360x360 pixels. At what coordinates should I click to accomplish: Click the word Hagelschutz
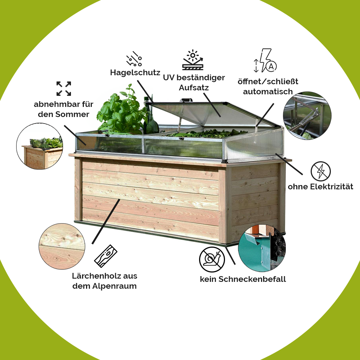135,73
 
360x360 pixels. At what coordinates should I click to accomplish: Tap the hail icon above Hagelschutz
134,59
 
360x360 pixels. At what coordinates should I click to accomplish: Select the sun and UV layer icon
193,60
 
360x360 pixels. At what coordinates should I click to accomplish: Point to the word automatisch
268,91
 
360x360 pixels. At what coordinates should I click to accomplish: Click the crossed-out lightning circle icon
320,171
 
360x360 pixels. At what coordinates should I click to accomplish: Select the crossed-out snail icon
212,260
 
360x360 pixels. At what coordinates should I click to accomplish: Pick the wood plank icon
105,256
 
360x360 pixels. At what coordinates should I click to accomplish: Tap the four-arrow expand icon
64,89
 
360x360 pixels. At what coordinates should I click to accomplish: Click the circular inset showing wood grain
62,246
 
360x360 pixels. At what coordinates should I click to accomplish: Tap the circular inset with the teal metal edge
262,248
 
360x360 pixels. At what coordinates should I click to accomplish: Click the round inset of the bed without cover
40,146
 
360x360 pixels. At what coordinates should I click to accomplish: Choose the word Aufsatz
194,87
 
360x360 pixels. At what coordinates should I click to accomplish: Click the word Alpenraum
114,286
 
